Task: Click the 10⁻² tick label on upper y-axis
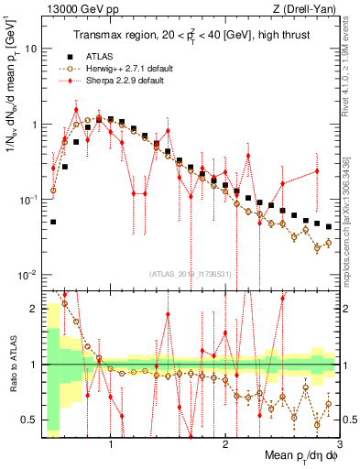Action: click(x=27, y=275)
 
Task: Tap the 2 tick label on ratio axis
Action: click(x=33, y=309)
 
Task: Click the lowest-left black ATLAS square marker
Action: click(x=53, y=222)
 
